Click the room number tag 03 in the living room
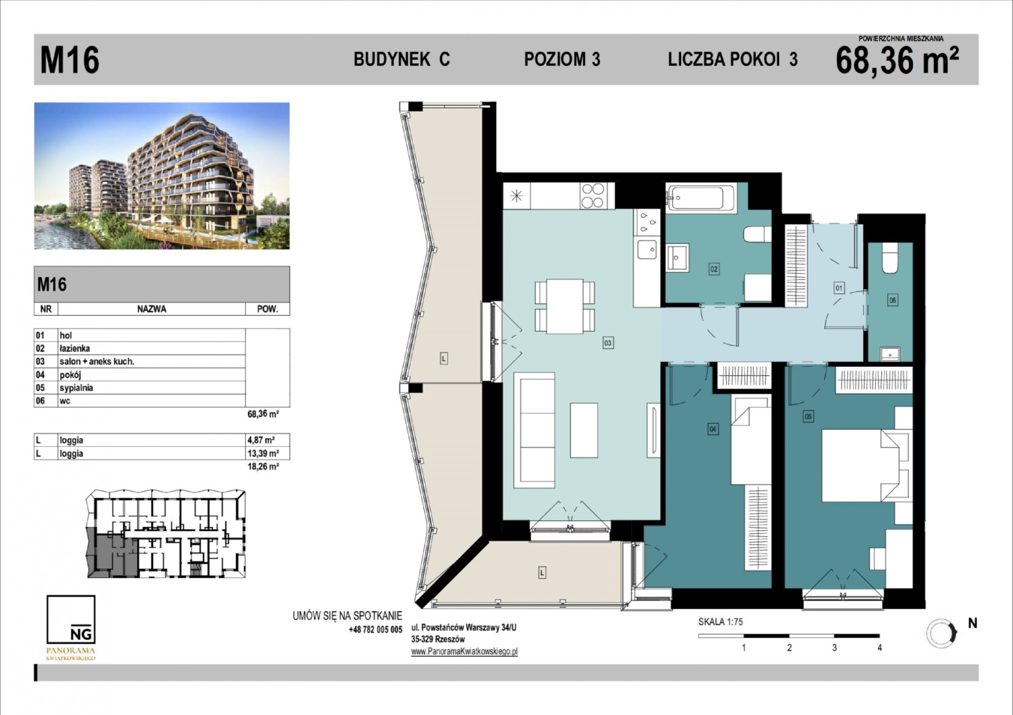point(608,343)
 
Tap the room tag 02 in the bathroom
point(714,269)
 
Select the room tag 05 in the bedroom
point(808,416)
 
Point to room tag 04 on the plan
point(713,429)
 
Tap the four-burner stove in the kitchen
point(593,195)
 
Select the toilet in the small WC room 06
point(890,258)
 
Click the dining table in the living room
point(565,307)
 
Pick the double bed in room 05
point(865,465)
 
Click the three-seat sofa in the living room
point(535,430)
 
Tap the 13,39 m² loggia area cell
point(263,453)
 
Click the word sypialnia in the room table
point(76,388)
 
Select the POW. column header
point(267,309)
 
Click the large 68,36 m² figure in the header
point(897,60)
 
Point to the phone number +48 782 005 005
point(376,630)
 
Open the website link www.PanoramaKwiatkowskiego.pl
point(464,651)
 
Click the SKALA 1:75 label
point(720,622)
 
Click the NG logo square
point(71,619)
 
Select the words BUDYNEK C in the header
point(401,59)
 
